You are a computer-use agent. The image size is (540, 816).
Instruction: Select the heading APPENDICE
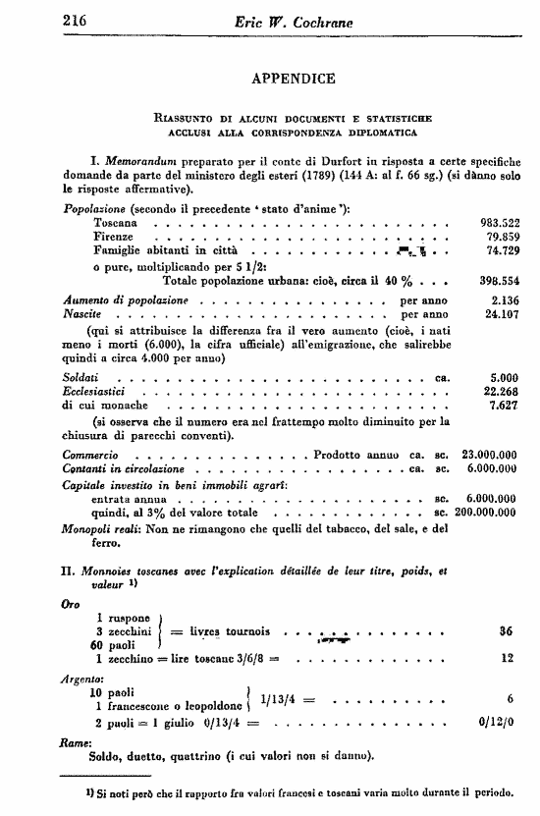click(294, 79)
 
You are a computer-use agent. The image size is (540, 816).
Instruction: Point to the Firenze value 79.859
click(495, 237)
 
